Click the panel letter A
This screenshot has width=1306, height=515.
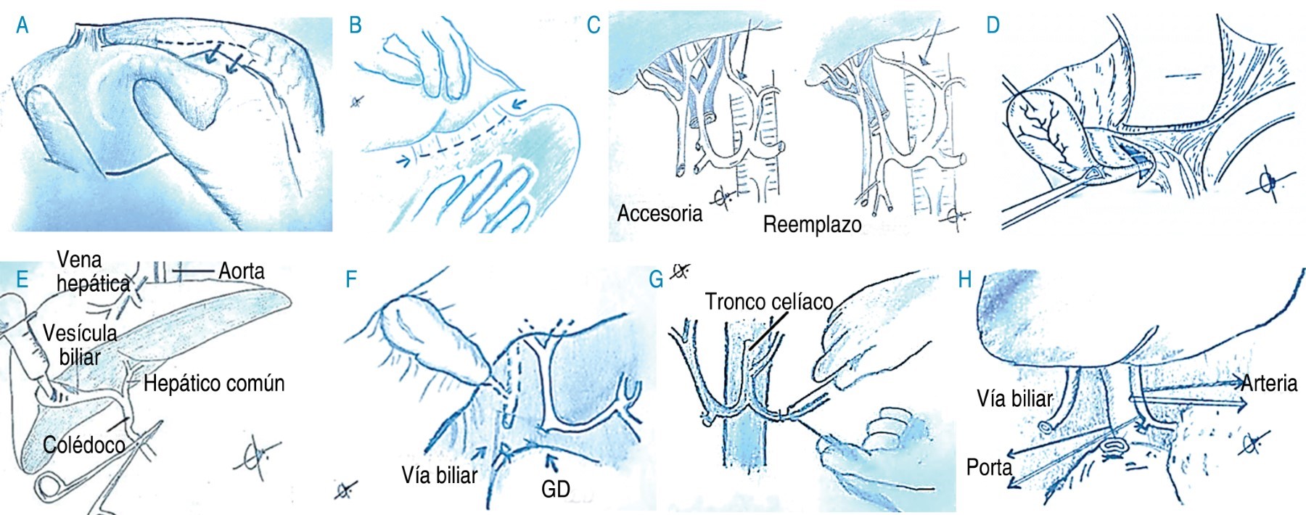coord(22,25)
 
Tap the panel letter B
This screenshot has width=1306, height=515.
coord(355,25)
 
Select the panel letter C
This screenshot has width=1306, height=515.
coord(594,25)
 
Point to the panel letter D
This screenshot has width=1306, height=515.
coord(993,25)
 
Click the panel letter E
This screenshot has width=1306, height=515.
coord(22,279)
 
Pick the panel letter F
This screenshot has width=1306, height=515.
coord(351,279)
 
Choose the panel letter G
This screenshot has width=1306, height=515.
coord(656,279)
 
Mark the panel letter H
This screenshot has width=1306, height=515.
coord(965,279)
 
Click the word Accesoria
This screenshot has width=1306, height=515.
coord(660,213)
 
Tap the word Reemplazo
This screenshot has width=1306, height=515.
coord(812,224)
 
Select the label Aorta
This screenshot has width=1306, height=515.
coord(242,271)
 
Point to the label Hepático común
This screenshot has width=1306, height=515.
coord(214,383)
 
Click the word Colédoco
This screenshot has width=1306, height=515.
coord(84,445)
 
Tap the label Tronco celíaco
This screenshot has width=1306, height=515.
coord(769,301)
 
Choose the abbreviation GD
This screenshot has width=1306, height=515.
coord(556,490)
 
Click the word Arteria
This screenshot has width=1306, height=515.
coord(1269,383)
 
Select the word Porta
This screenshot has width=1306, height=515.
coord(989,467)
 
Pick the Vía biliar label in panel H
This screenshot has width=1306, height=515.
coord(1014,398)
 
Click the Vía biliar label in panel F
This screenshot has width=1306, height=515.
coord(440,475)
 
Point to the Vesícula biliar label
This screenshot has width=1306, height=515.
coord(80,345)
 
